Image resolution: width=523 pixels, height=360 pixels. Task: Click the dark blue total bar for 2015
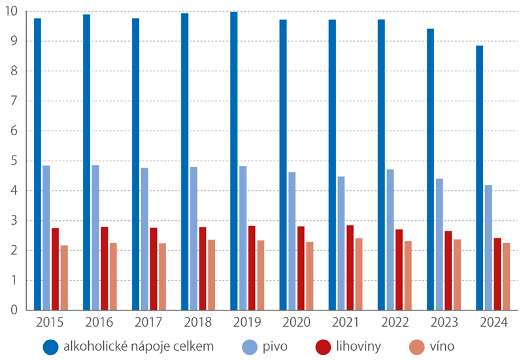tap(37, 164)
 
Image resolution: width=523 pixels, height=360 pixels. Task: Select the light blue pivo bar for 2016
tap(95, 238)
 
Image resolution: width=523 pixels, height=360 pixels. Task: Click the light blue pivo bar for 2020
tap(292, 241)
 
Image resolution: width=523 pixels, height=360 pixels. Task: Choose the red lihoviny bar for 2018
tap(203, 269)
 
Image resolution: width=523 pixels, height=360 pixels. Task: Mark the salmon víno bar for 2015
tap(64, 278)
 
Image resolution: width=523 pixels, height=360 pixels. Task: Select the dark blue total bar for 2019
tap(233, 161)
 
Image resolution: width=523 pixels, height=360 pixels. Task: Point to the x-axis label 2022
tap(394, 322)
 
